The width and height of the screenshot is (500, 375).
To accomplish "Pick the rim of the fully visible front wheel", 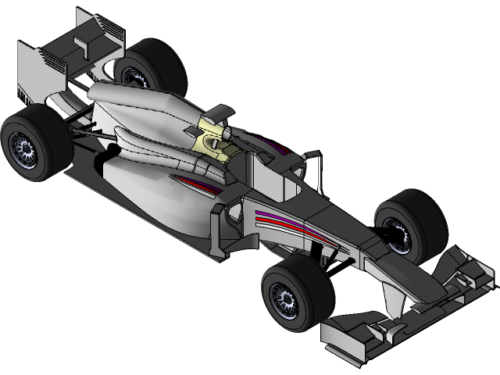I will click(286, 298).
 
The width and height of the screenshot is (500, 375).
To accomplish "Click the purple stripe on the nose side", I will click(273, 215).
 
